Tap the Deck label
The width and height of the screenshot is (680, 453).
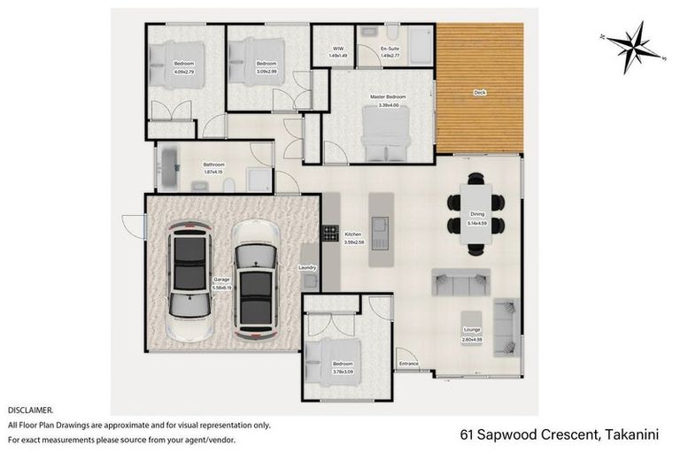tap(479, 92)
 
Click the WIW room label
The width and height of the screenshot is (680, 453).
tap(338, 49)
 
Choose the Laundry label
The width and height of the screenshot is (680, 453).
tap(308, 267)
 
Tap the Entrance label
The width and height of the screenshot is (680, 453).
tap(408, 364)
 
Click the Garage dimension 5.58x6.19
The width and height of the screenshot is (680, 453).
tap(221, 287)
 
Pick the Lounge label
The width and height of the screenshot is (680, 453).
tap(472, 328)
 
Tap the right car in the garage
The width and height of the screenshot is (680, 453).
tap(255, 279)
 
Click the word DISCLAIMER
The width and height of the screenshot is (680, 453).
tap(31, 411)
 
